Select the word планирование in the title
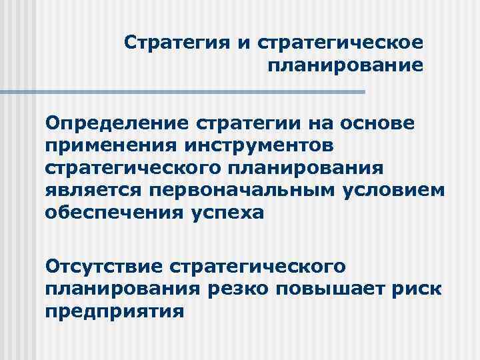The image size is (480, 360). [x=345, y=66]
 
